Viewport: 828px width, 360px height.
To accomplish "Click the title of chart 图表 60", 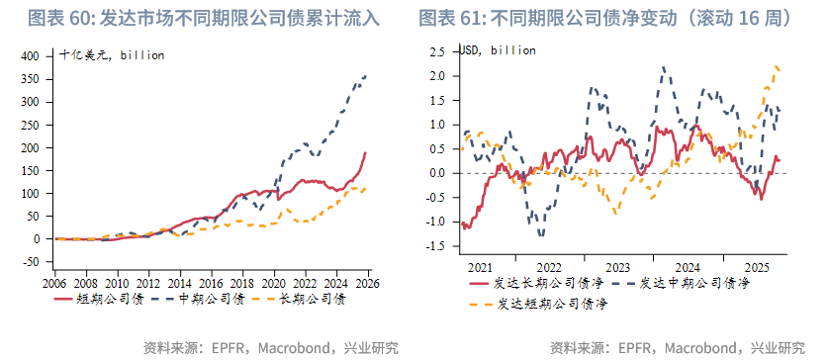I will tap(203, 18).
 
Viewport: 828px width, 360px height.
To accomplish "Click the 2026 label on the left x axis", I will tap(368, 281).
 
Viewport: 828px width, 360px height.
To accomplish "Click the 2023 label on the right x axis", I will tap(616, 267).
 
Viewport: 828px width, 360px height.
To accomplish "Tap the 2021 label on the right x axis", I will tap(479, 267).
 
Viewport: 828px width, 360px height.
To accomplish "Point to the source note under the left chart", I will tap(271, 347).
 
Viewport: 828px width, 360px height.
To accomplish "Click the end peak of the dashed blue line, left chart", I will tap(366, 75).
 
